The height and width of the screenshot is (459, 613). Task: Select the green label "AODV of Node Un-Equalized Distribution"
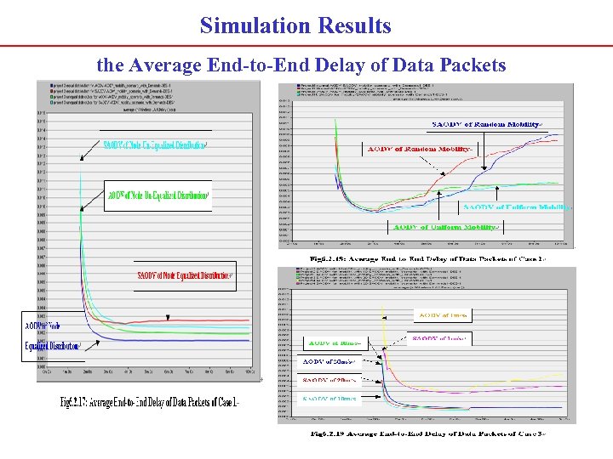[x=158, y=195]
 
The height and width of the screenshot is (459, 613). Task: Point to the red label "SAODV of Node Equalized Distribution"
[x=185, y=275]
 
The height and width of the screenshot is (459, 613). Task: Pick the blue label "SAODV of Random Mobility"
[x=486, y=125]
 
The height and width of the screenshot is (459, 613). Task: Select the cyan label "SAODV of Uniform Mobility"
[x=516, y=207]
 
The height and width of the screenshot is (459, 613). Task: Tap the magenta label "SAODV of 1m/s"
[x=439, y=338]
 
